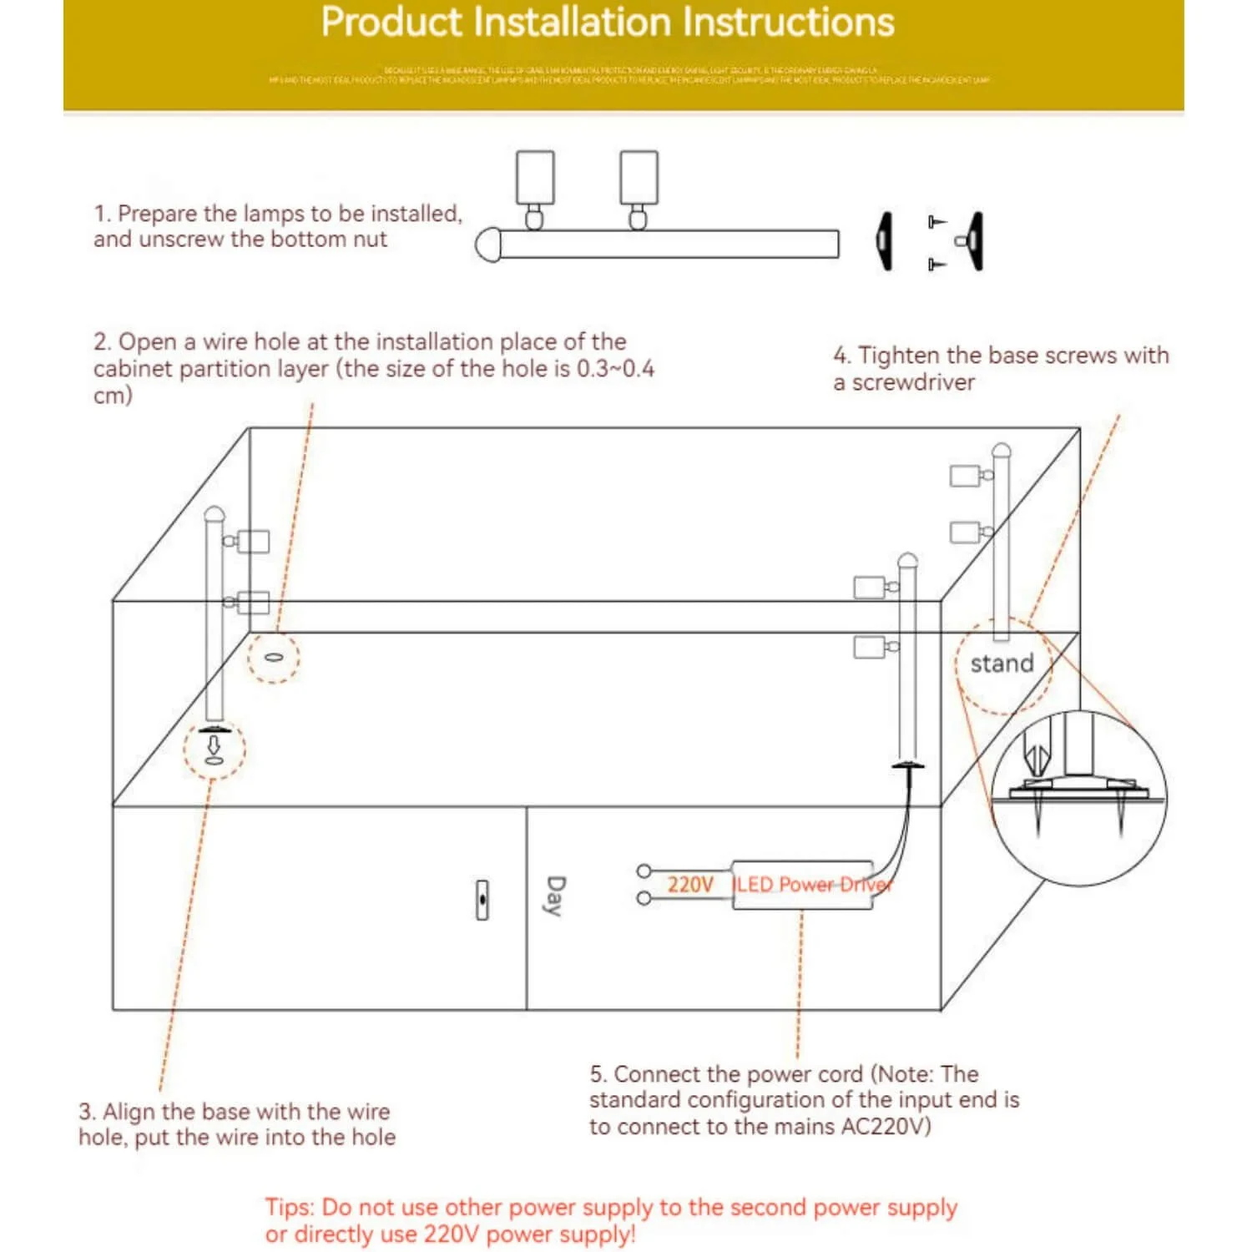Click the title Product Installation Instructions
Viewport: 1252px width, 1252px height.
tap(607, 23)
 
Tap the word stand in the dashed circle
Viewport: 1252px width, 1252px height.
tap(1002, 664)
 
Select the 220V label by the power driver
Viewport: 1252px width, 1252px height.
tap(690, 885)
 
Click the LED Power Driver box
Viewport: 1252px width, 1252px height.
tap(802, 886)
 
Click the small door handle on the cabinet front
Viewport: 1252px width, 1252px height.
tap(482, 900)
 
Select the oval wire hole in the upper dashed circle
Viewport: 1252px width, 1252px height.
tap(271, 656)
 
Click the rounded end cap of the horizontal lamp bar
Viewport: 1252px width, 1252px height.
tap(487, 245)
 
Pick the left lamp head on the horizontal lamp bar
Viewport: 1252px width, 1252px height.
tap(535, 178)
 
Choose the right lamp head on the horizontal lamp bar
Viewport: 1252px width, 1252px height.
tap(639, 178)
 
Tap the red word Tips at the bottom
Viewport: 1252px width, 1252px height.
tap(290, 1208)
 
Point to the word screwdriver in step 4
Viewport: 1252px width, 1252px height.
tap(913, 383)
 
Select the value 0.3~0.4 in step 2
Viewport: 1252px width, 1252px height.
tap(615, 369)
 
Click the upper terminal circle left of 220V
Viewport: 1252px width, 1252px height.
tap(644, 871)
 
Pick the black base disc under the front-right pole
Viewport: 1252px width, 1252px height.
tap(908, 765)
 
